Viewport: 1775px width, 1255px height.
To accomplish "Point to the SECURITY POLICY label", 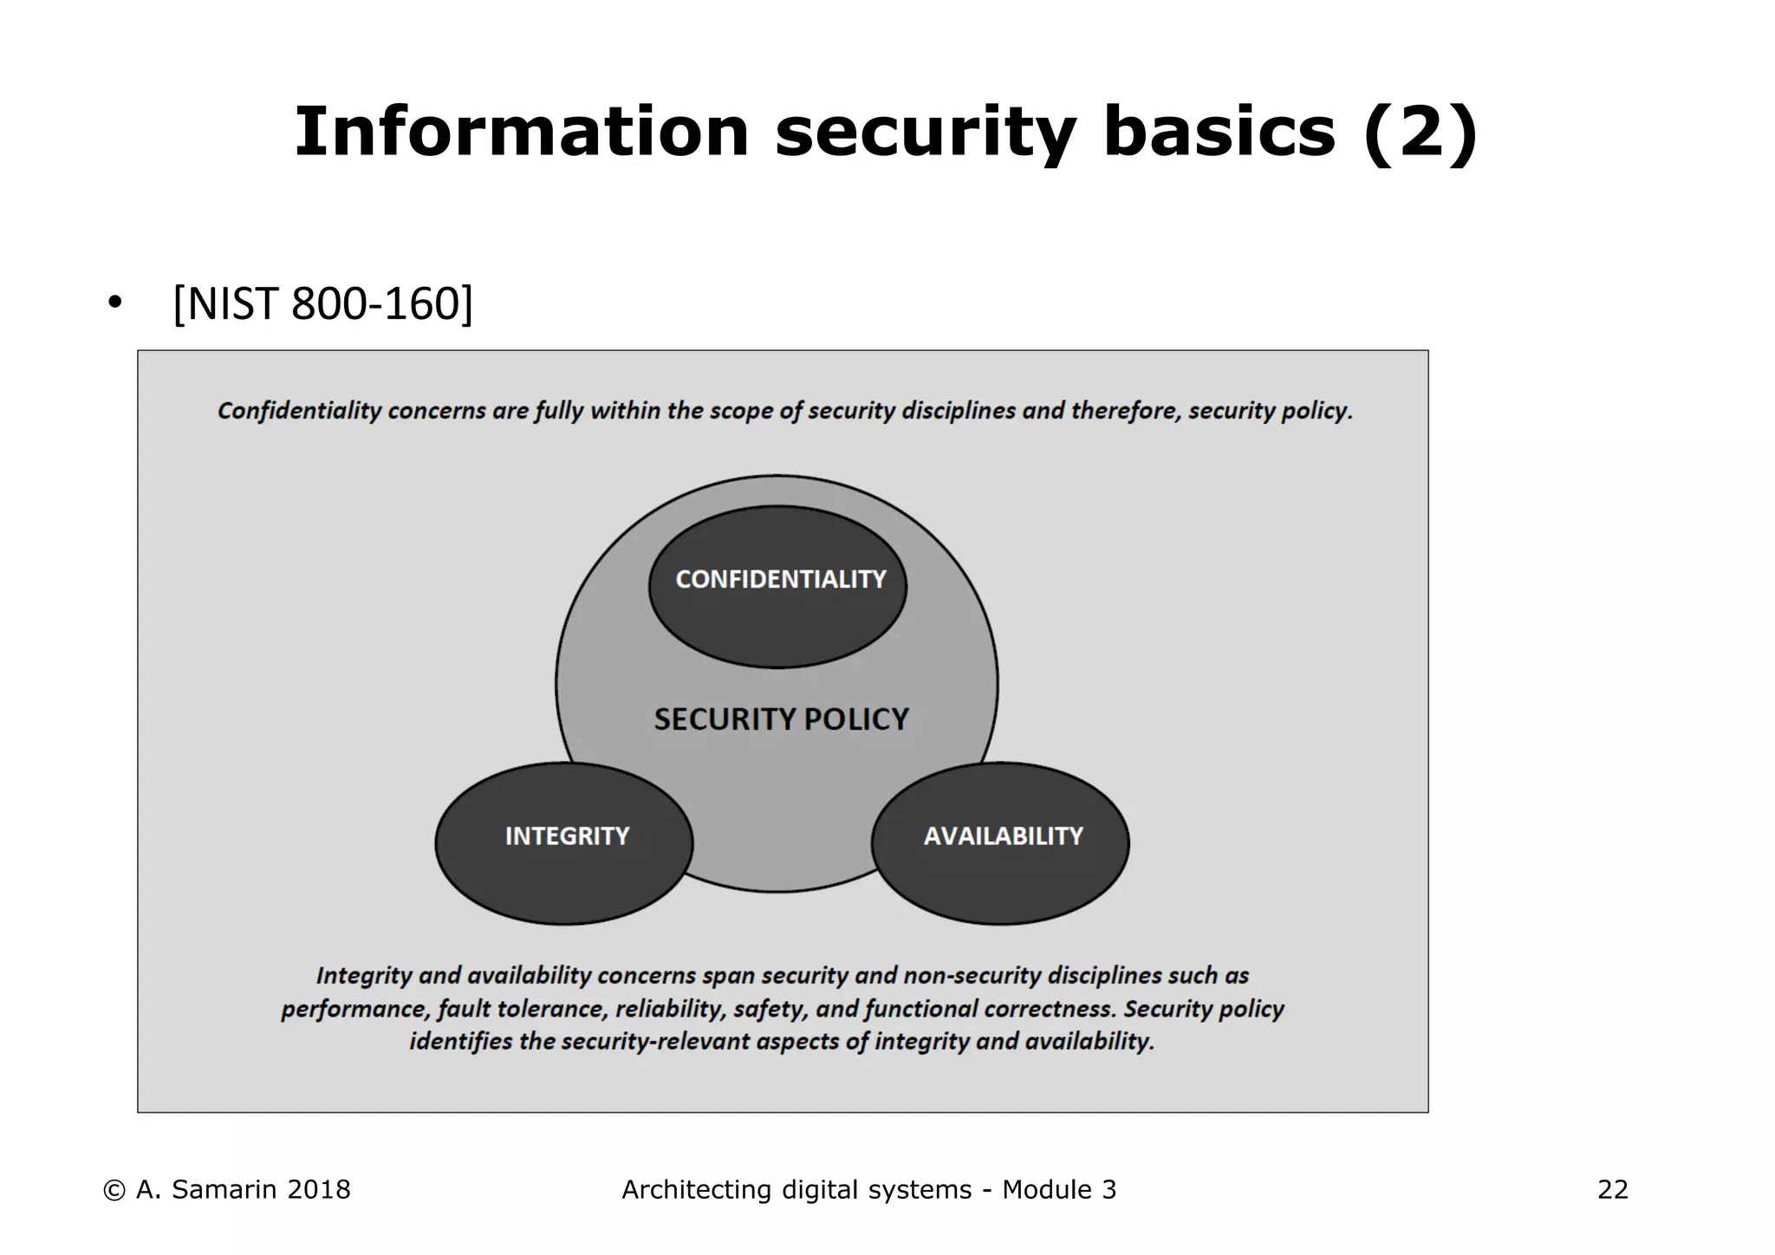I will (x=781, y=719).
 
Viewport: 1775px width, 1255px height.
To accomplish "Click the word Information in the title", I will (x=521, y=132).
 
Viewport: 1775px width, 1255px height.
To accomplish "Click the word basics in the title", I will (x=1219, y=132).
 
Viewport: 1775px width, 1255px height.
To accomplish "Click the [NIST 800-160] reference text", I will (x=323, y=303).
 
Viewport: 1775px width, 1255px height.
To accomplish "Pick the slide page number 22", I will (x=1612, y=1190).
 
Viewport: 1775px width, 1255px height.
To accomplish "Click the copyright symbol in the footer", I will (x=113, y=1191).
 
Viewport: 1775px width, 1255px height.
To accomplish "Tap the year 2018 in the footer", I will (x=318, y=1190).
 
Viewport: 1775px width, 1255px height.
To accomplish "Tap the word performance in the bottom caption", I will (x=354, y=1010).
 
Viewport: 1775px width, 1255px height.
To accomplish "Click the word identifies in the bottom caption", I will (x=460, y=1042).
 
